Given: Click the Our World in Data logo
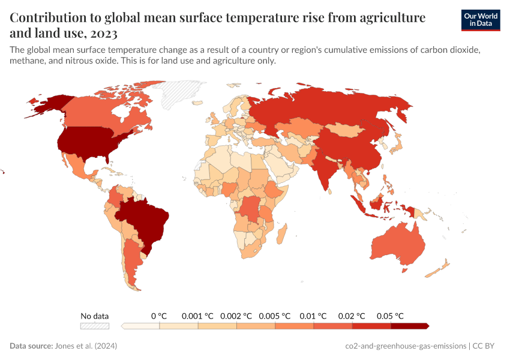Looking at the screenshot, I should point(480,20).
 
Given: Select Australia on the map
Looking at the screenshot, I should point(398,243).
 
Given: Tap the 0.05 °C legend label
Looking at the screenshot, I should point(390,316).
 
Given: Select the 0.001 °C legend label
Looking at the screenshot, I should point(197,316).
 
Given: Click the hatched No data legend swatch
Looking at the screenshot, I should point(95,326).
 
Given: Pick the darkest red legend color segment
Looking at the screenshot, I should point(409,326).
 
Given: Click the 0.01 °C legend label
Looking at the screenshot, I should point(313,316).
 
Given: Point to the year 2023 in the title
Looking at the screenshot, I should point(106,32).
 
